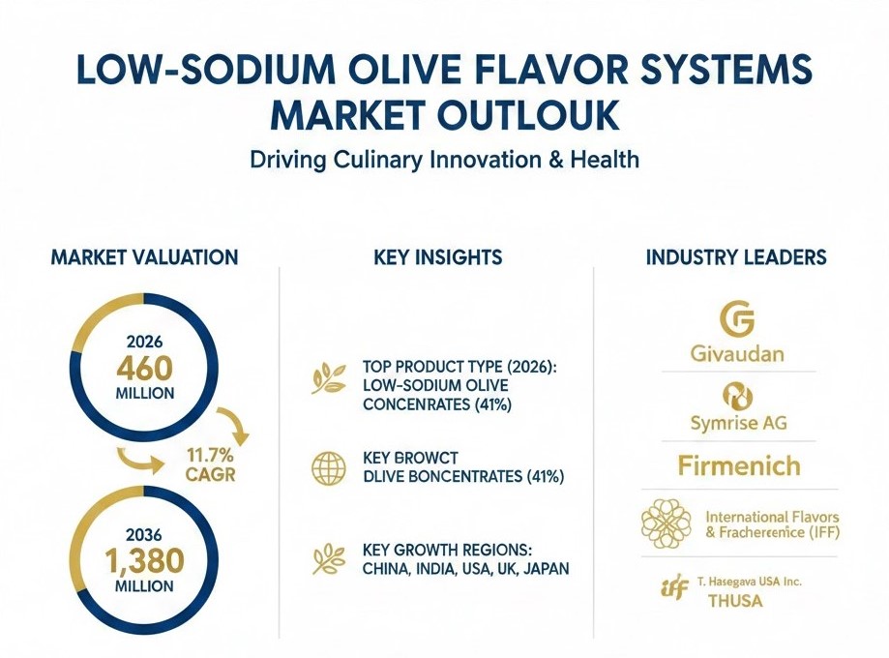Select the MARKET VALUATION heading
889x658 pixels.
coord(144,257)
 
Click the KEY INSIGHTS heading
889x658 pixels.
coord(437,257)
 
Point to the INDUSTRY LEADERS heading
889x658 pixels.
coord(736,257)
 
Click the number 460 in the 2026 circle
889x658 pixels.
coord(144,369)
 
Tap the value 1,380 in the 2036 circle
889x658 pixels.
coord(144,561)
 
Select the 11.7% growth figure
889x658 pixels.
coord(210,455)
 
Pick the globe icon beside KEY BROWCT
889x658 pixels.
coord(329,468)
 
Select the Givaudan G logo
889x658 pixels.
coord(737,318)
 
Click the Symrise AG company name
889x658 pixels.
coord(739,423)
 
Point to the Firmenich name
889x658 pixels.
coord(739,465)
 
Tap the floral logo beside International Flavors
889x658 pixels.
coord(667,523)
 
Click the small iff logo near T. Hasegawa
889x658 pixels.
coord(674,587)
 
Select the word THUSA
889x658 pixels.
coord(735,600)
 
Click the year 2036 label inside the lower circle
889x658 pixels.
coord(144,534)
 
